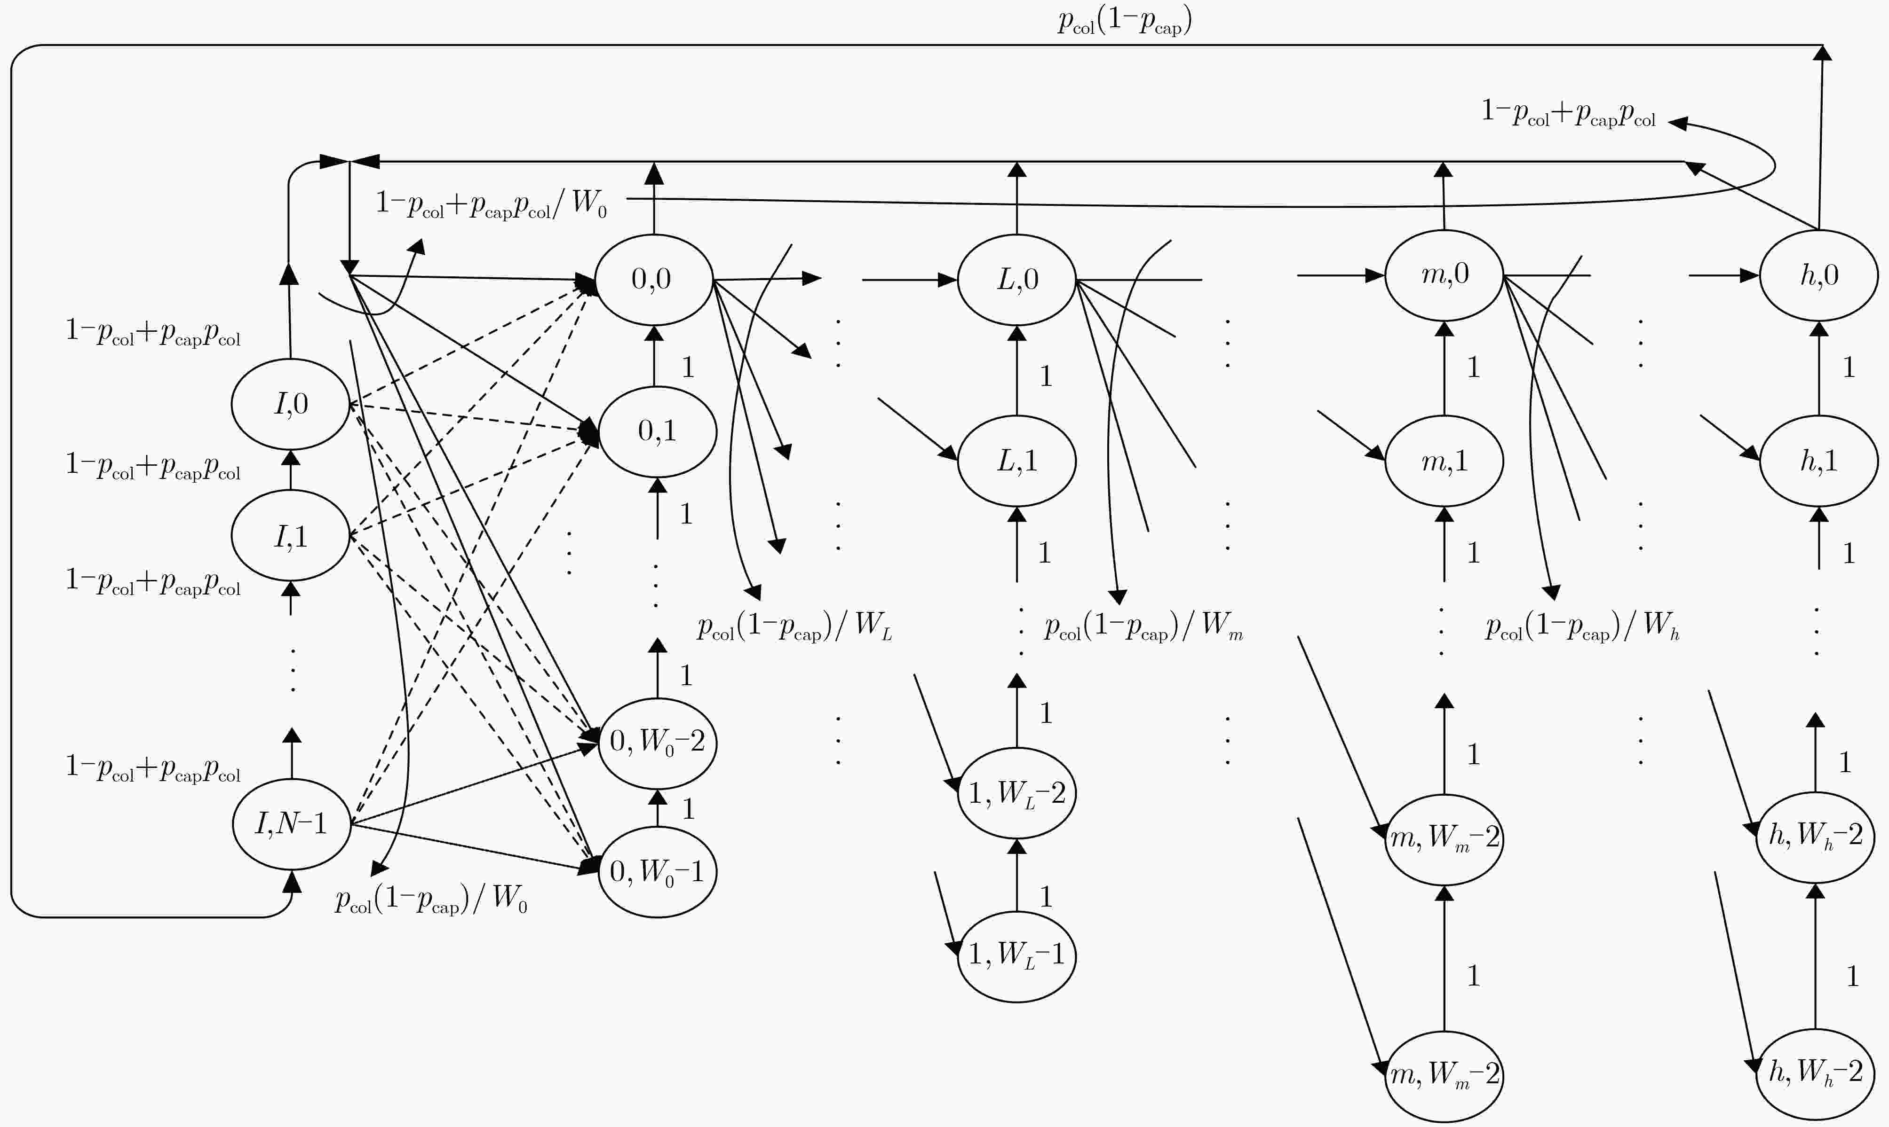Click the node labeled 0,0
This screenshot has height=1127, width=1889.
tap(653, 280)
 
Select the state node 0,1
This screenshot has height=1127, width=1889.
tap(657, 431)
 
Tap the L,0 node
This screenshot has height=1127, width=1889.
tap(1016, 280)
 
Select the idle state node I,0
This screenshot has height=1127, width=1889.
tap(290, 404)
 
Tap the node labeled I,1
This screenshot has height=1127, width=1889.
tap(290, 535)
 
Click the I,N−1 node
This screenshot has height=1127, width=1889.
tap(291, 824)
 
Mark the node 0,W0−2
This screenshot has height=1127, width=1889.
tap(657, 743)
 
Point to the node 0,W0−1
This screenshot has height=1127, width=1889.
tap(657, 872)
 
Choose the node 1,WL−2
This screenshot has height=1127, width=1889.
tap(1016, 793)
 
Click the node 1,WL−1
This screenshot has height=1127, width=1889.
tap(1016, 956)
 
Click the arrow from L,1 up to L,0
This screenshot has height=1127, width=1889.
tap(1016, 371)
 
